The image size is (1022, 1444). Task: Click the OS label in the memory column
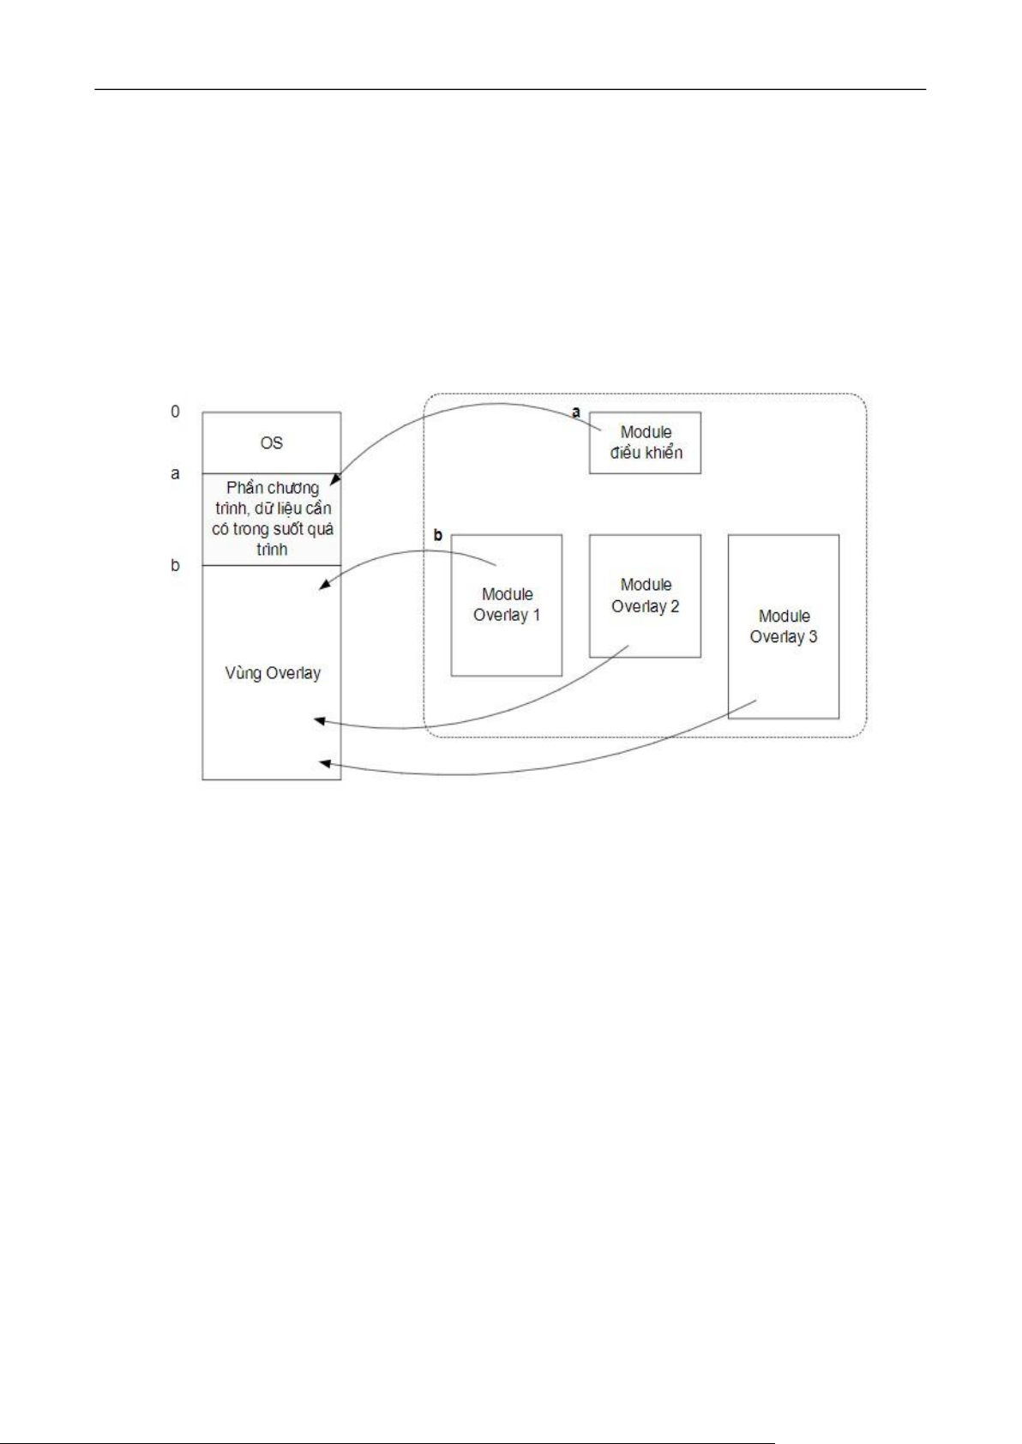271,442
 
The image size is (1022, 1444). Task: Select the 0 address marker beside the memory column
175,412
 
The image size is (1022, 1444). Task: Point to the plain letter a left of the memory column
175,474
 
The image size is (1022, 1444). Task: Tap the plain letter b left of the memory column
175,565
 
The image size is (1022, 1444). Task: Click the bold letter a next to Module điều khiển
576,412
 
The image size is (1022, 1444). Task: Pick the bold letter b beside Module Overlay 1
438,535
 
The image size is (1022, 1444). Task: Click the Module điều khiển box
645,442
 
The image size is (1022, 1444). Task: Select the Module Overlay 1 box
507,605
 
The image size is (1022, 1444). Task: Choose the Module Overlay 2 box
645,596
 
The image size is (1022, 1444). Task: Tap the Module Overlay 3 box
784,627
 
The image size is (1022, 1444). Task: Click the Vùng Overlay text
273,674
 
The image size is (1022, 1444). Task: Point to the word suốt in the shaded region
294,529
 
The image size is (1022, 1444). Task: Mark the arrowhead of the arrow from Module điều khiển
333,481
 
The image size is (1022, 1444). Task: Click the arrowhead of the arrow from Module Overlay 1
325,585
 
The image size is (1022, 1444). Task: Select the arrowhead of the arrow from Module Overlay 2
319,720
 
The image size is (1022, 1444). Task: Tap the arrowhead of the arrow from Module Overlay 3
326,764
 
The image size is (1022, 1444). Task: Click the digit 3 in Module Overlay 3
813,637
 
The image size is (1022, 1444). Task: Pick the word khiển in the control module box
662,453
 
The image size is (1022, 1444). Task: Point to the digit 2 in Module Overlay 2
674,606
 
